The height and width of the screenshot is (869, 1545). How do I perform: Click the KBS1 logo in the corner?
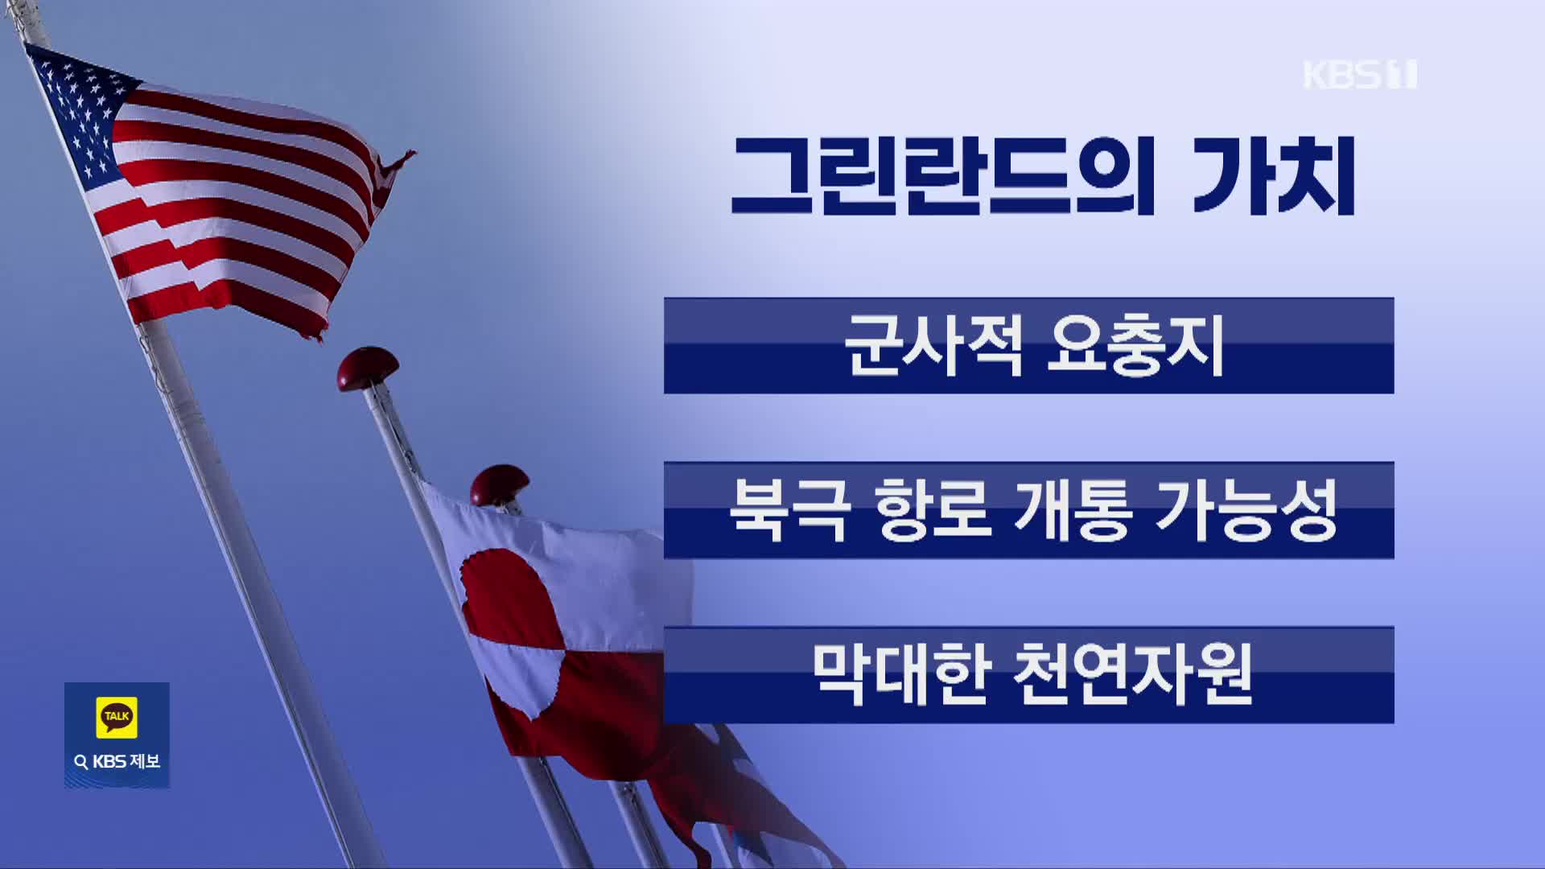click(1360, 75)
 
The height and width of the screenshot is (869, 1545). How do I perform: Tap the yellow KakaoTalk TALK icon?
click(117, 716)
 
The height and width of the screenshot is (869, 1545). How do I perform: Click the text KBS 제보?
click(126, 761)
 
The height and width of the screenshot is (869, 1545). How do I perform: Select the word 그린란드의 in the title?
click(941, 177)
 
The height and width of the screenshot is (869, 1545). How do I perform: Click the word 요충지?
click(1135, 346)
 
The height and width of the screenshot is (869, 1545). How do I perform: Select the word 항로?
click(933, 510)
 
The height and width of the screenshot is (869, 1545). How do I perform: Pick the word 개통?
click(1074, 510)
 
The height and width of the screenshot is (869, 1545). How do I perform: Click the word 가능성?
click(1246, 510)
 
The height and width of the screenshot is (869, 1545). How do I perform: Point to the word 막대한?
click(900, 674)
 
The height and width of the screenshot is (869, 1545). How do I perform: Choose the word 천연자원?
click(1132, 674)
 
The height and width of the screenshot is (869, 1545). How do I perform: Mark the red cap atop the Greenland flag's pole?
click(500, 484)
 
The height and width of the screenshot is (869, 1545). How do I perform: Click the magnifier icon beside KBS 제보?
click(80, 762)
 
